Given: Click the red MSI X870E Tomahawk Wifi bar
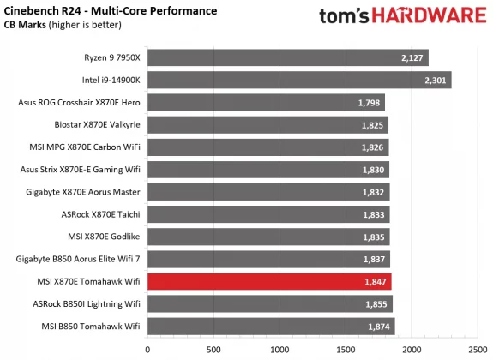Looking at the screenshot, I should [269, 281].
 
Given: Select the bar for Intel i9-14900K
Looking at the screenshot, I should [299, 80].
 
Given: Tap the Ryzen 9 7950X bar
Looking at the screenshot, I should [287, 57].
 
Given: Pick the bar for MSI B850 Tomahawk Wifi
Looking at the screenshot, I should [271, 326].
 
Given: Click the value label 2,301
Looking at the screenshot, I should [436, 81].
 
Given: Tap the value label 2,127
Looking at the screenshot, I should [412, 57].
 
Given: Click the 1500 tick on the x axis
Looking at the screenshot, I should [346, 349].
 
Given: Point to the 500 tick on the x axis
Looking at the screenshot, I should [213, 349].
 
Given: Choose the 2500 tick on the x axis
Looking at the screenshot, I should [478, 349].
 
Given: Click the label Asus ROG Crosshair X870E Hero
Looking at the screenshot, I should [78, 103].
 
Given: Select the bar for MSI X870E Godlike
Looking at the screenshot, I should [268, 237].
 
